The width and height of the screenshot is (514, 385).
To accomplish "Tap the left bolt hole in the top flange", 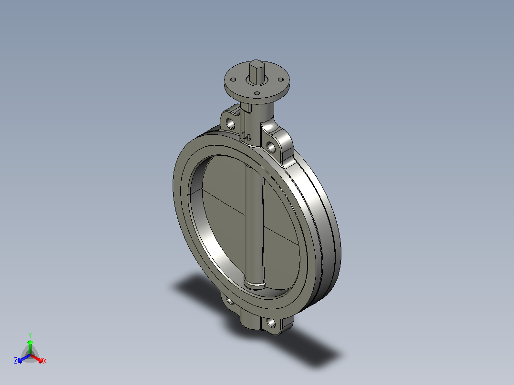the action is [x=234, y=79].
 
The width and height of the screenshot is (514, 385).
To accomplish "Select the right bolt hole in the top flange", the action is [x=280, y=79].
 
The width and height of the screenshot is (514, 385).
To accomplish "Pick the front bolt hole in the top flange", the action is [x=257, y=93].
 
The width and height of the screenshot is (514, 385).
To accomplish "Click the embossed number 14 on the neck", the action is [x=246, y=136].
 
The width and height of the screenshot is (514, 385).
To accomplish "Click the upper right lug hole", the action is [x=271, y=147].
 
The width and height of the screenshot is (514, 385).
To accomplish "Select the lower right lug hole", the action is [x=271, y=324].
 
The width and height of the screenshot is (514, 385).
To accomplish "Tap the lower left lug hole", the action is [x=230, y=300].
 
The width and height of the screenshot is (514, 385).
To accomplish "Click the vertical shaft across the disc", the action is [x=254, y=226].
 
